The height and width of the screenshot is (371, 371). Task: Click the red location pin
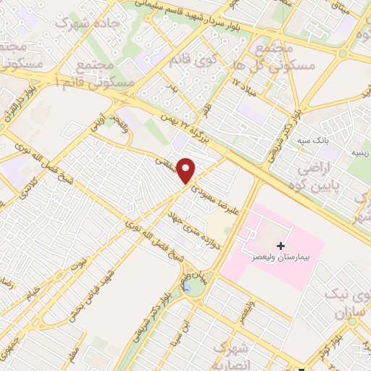186,170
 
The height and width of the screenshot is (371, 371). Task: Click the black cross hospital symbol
281,246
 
